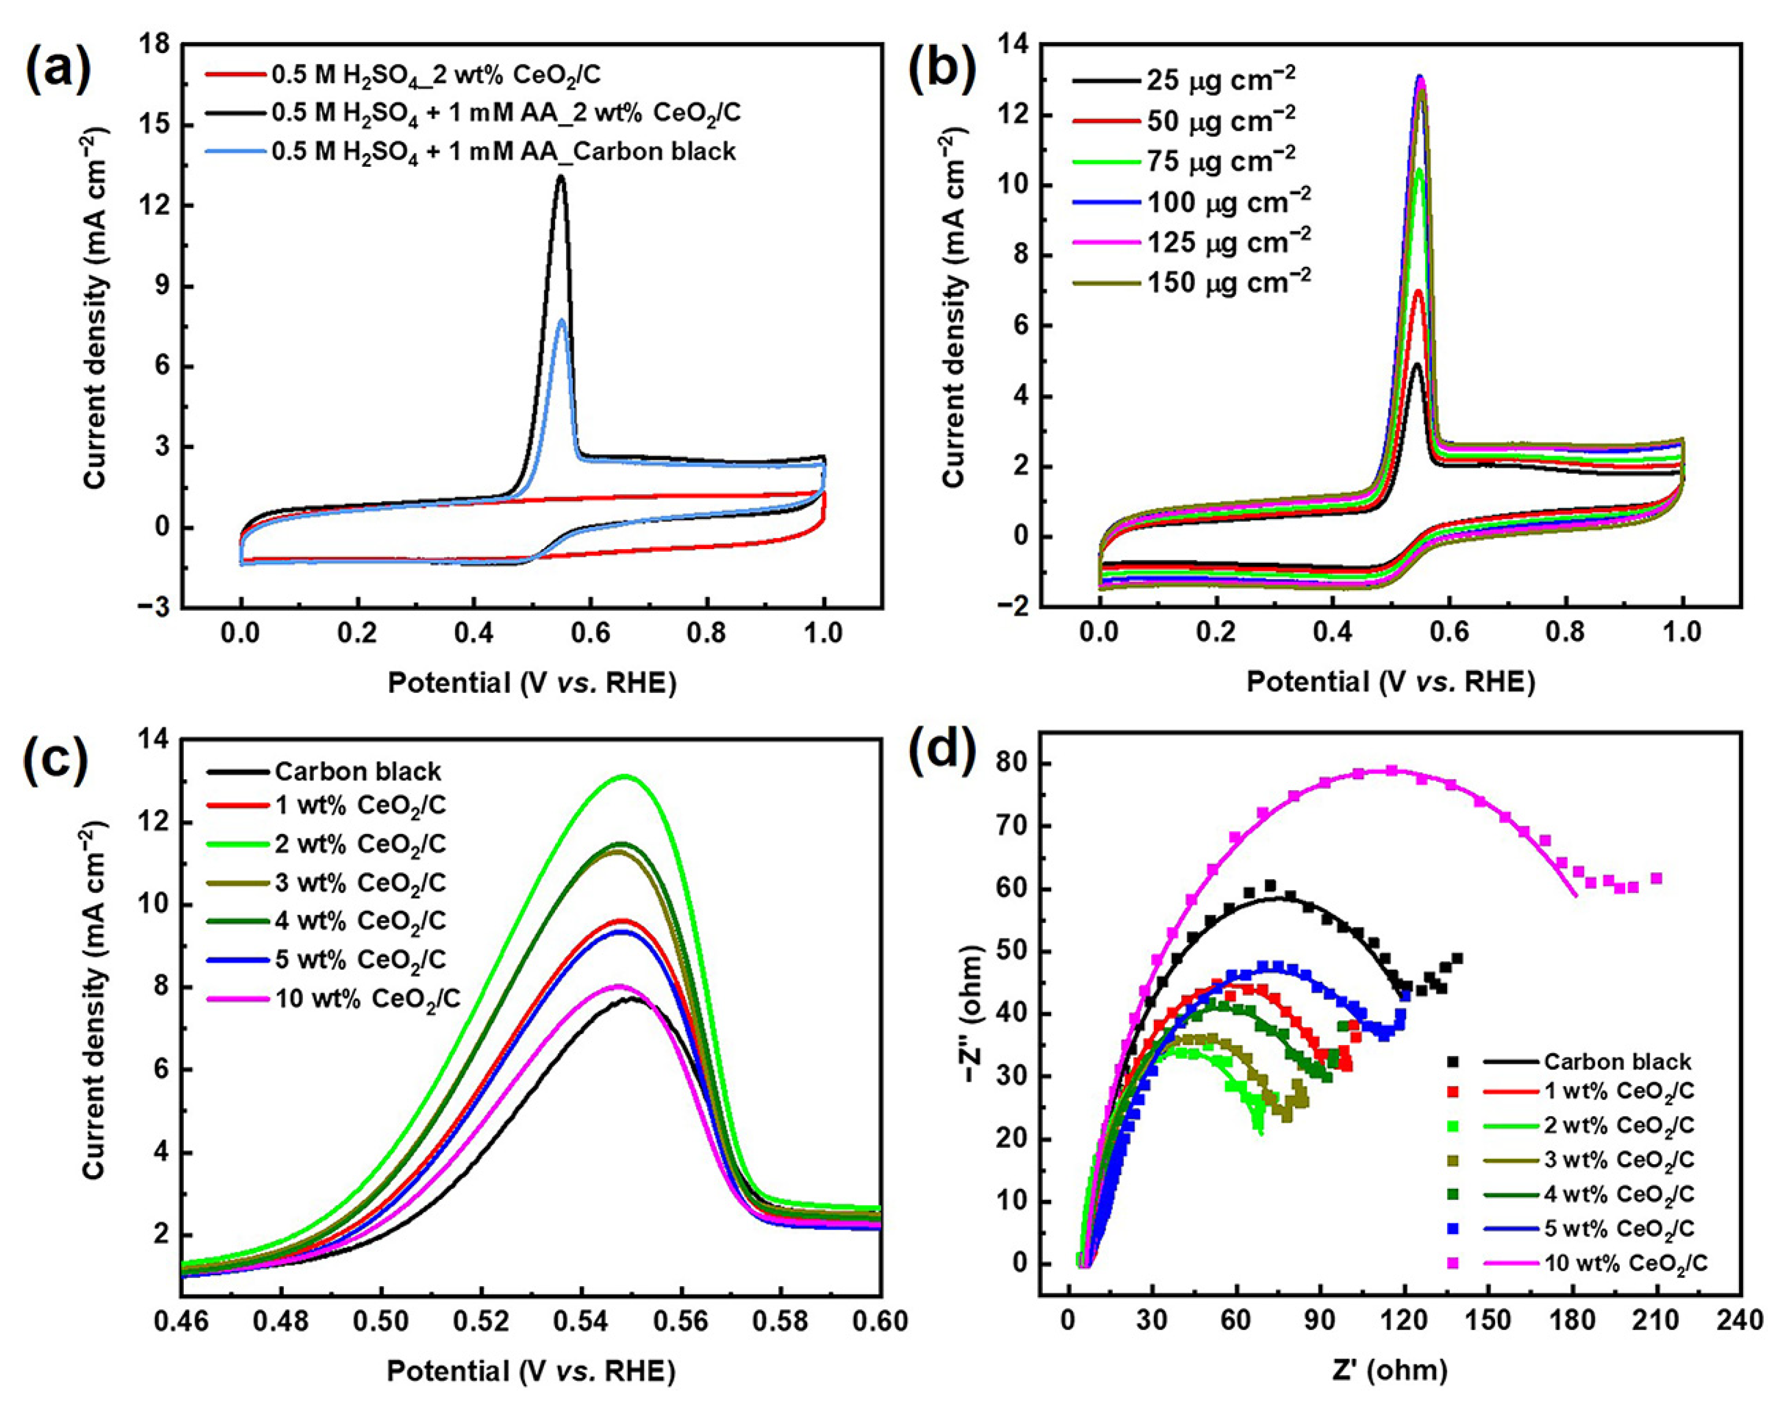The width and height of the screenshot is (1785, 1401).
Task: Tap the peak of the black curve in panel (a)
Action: click(561, 176)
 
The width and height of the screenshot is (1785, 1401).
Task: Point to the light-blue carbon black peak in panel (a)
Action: click(561, 320)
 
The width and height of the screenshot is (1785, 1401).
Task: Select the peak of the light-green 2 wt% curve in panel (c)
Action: click(625, 775)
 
